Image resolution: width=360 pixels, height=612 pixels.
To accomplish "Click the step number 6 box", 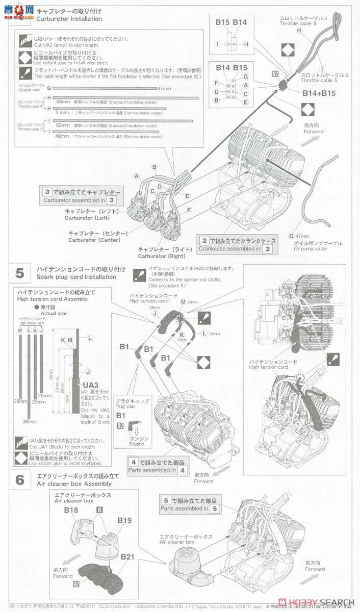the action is (x=19, y=480).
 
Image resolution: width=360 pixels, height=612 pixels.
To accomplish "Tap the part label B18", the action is (x=71, y=509).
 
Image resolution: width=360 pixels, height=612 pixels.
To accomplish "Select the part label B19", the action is (x=124, y=520).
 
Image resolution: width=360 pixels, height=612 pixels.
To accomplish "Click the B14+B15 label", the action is (x=319, y=93).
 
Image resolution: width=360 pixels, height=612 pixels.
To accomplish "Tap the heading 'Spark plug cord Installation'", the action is (x=76, y=276).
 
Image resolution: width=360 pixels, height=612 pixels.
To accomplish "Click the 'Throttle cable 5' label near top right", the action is (x=324, y=81).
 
